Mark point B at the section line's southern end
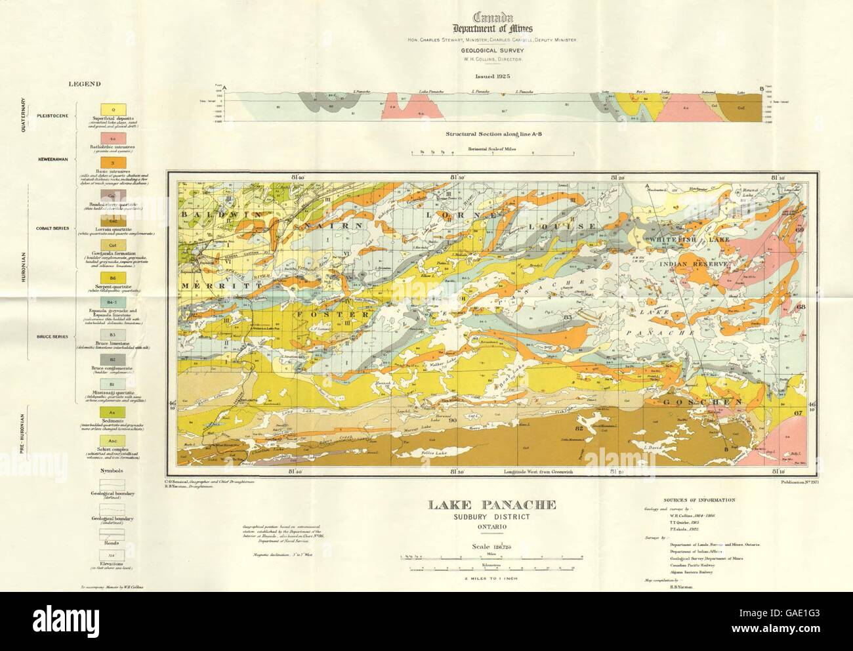724,448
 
